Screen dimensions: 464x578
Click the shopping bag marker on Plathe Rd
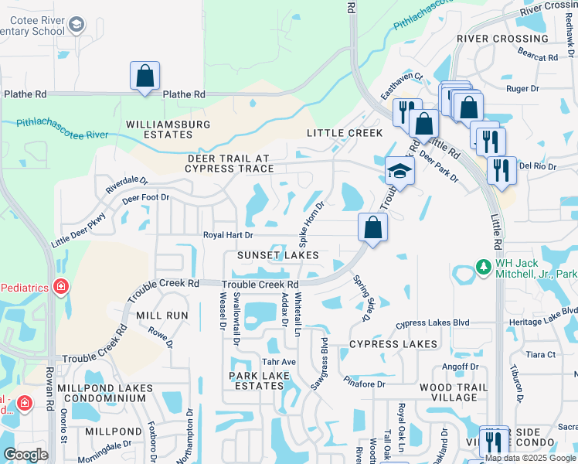coord(144,76)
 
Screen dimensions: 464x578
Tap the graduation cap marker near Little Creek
coord(400,169)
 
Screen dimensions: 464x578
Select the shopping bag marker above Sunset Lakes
coord(372,227)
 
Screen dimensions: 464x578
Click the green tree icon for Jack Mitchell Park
coord(484,268)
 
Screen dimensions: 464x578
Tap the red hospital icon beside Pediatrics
coord(60,287)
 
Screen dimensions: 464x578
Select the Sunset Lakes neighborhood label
coord(278,254)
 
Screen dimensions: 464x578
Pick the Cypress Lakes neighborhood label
coord(393,343)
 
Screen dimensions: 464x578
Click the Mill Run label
coord(162,316)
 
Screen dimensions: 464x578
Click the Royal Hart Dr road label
coord(228,235)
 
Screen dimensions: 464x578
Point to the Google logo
coord(25,454)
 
